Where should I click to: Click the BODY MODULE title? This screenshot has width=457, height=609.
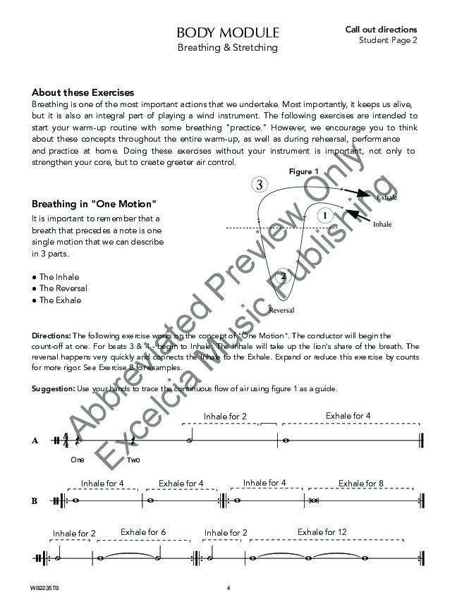(228, 33)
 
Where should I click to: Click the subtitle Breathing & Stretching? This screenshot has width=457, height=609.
(228, 48)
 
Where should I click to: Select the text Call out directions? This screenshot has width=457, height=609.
(381, 30)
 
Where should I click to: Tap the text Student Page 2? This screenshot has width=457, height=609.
(388, 40)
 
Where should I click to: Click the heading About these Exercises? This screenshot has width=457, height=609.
(83, 92)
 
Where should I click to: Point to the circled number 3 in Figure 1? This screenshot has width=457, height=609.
(260, 185)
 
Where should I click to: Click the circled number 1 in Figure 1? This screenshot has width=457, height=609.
(324, 215)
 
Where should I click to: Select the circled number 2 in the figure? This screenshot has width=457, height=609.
(283, 276)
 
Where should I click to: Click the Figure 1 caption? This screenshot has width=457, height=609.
(304, 171)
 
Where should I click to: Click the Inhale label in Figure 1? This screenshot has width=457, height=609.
(382, 225)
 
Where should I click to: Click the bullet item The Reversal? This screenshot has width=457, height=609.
(63, 288)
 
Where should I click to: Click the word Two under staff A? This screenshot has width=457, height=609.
(133, 460)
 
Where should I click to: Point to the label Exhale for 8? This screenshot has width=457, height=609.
(361, 484)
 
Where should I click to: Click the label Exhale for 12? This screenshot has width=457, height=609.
(322, 532)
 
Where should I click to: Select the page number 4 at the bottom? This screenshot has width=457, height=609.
(228, 587)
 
